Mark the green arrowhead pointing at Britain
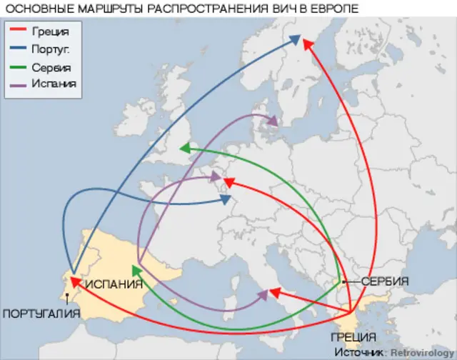coord(184,148)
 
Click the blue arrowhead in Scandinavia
coord(296,41)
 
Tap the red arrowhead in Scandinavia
coord(308,44)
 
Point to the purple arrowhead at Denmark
coord(272,121)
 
